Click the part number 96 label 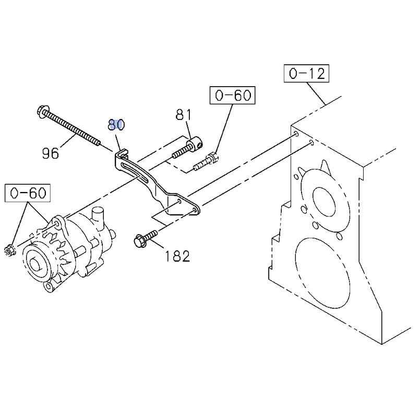point(51,153)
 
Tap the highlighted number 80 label point(116,124)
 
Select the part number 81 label point(183,114)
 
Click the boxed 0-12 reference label point(307,74)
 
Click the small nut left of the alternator point(10,249)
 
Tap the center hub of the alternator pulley point(38,263)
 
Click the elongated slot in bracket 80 point(131,170)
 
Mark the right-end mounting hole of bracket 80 point(196,210)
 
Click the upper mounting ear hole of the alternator point(56,224)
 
